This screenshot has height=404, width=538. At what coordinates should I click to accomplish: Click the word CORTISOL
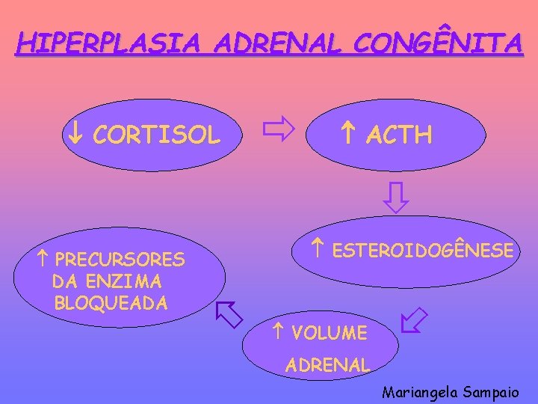click(158, 135)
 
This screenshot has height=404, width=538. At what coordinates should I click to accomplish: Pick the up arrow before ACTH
click(347, 135)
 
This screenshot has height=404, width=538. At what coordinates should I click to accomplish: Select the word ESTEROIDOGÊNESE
click(423, 251)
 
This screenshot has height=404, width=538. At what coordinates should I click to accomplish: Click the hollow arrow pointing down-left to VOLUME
click(413, 319)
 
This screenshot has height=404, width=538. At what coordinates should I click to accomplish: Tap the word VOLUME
click(330, 333)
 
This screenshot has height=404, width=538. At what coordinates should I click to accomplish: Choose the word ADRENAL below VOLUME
click(328, 366)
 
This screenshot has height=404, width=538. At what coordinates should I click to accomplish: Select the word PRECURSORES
click(120, 260)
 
